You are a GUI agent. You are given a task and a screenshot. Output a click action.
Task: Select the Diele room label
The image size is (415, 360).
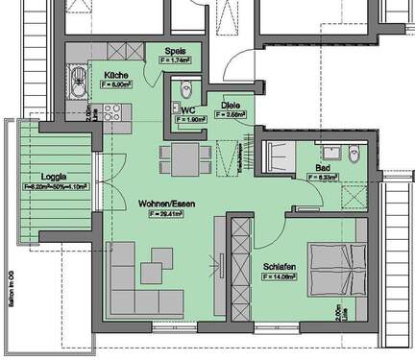231,107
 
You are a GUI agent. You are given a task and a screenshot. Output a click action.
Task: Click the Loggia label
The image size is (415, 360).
54,177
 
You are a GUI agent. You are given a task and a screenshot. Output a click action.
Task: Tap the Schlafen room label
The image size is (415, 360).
278,266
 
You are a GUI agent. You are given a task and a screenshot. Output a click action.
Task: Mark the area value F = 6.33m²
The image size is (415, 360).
327,178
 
